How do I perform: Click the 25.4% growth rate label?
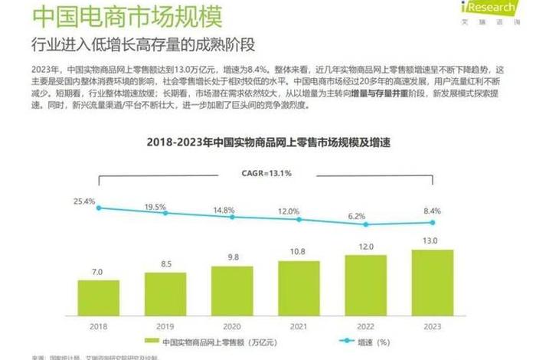pos(84,201)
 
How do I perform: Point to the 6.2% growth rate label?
pos(357,216)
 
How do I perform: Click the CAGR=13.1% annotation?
pos(268,174)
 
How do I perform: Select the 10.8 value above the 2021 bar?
pos(299,251)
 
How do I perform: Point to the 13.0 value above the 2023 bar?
pos(431,241)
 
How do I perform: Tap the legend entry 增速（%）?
pos(361,342)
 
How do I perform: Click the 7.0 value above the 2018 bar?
pos(98,272)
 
